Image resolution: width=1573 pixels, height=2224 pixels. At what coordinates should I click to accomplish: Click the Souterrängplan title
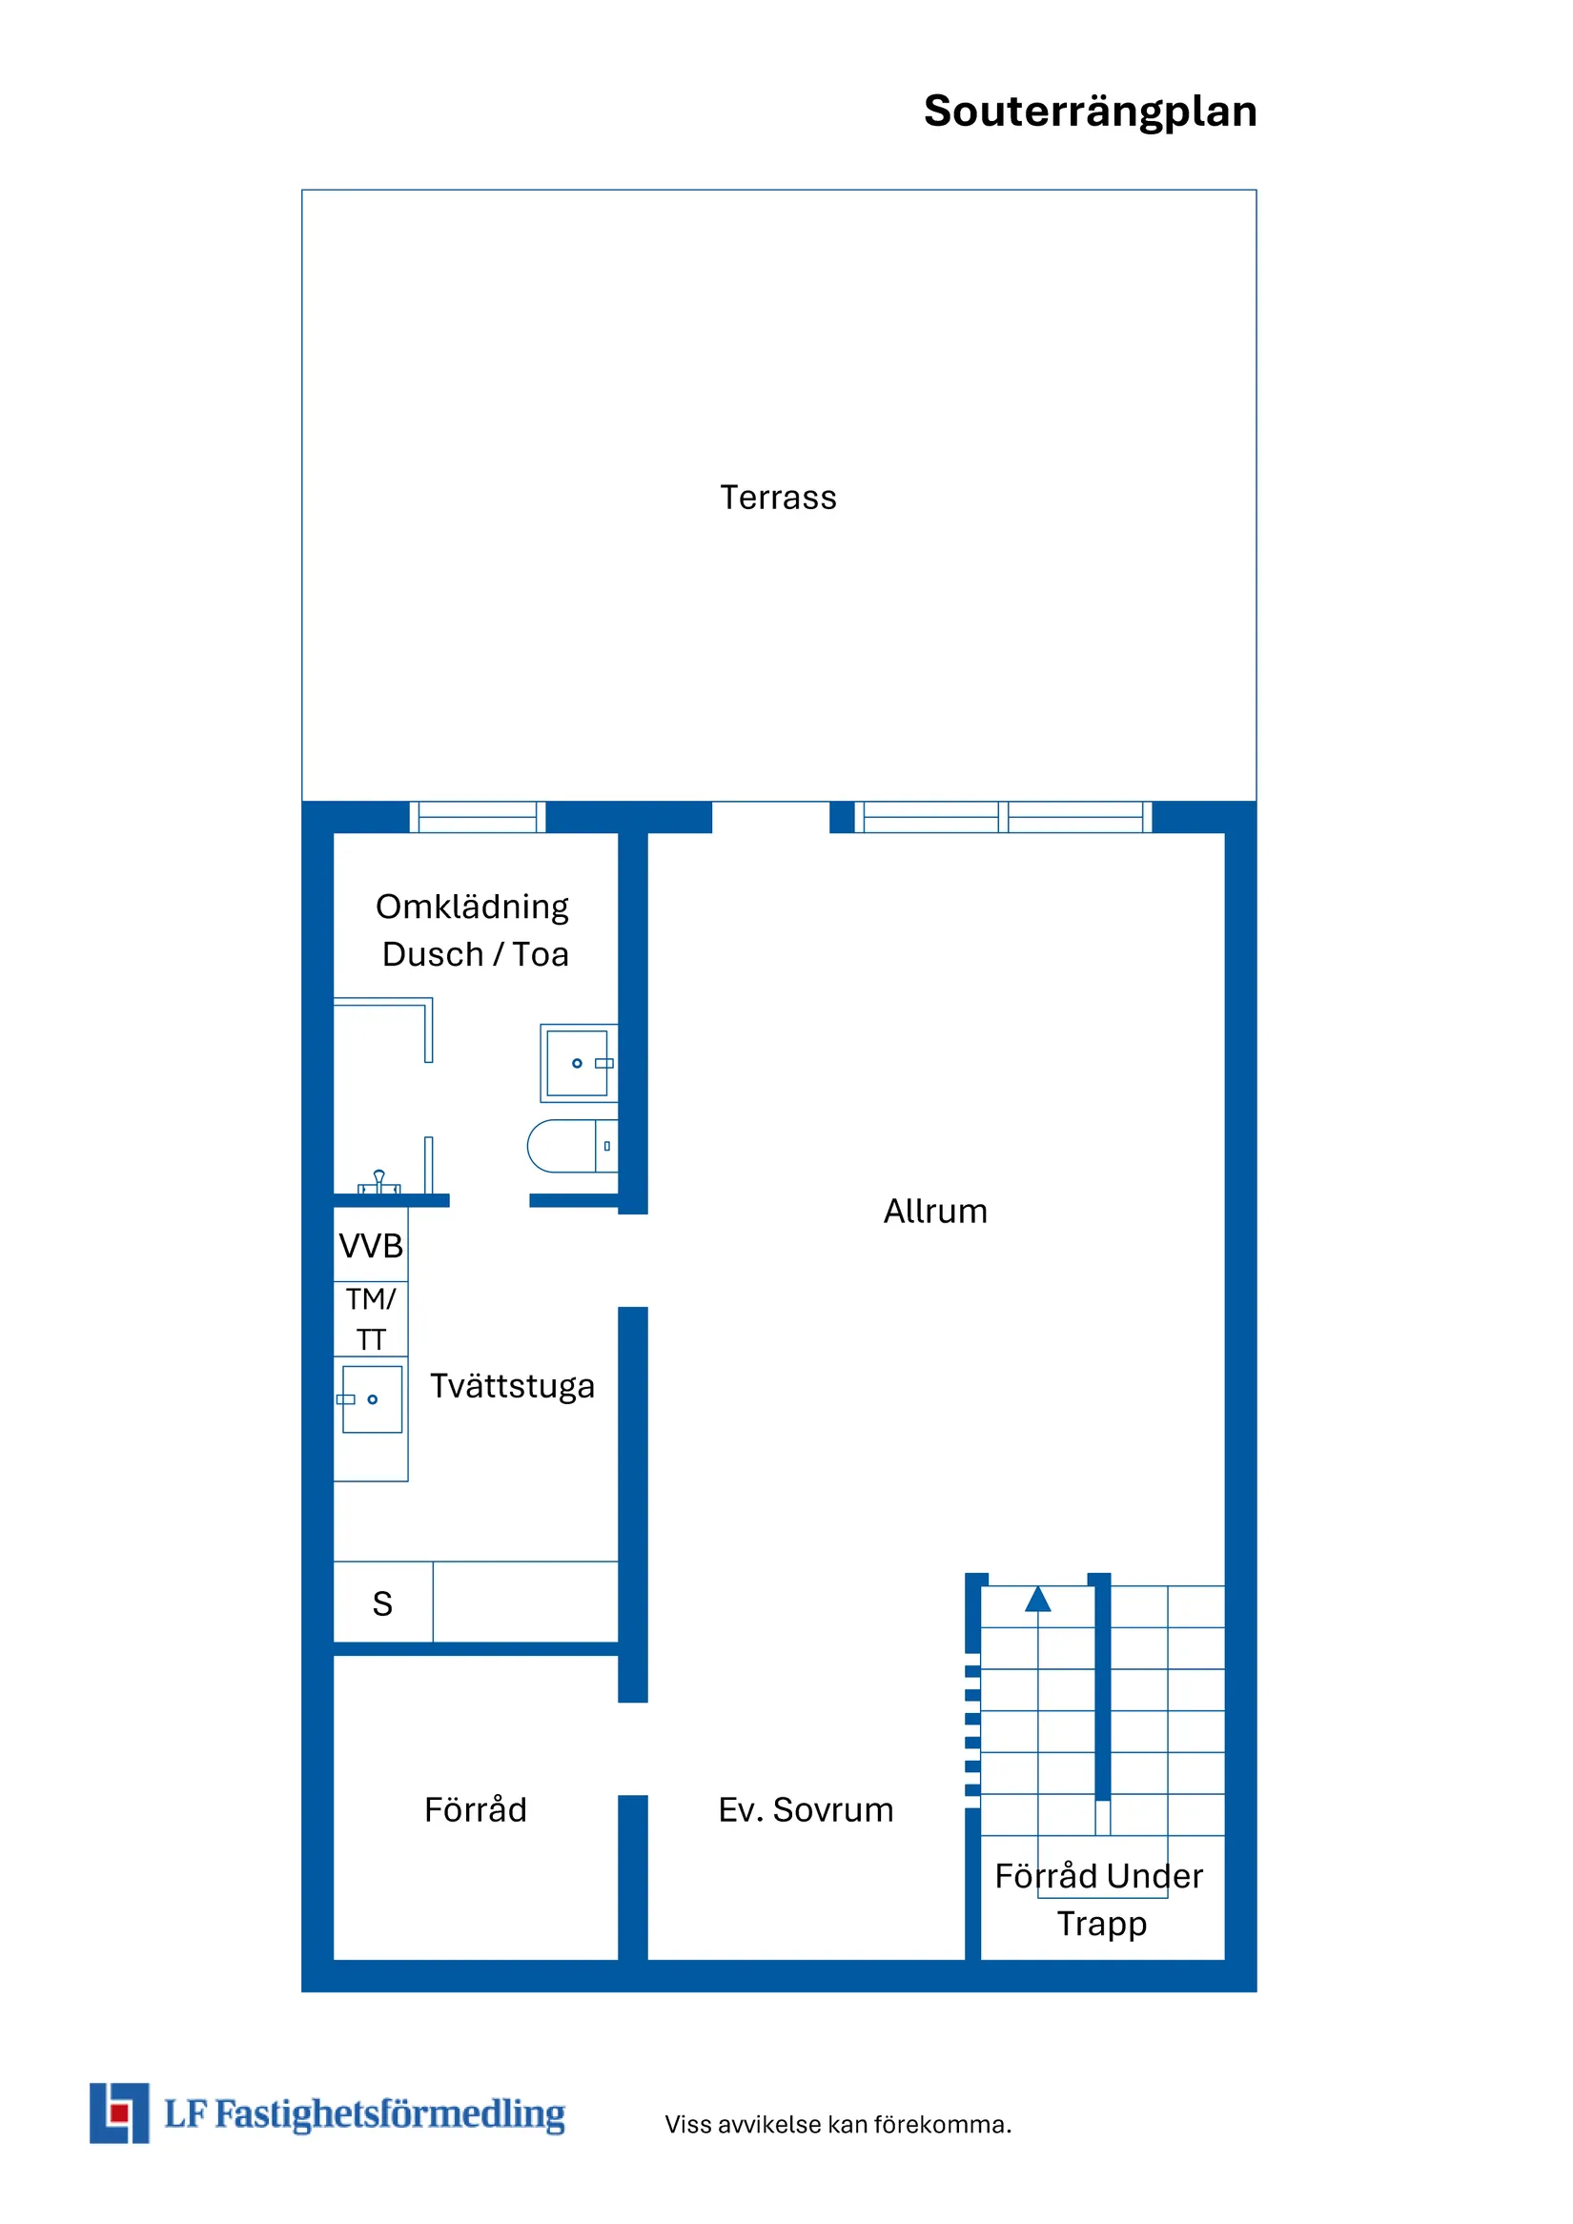click(1090, 112)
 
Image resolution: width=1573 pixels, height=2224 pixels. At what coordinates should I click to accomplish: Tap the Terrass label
click(778, 497)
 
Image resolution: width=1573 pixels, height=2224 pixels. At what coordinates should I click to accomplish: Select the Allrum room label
click(934, 1211)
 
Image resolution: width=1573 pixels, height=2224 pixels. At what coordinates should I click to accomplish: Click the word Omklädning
click(472, 907)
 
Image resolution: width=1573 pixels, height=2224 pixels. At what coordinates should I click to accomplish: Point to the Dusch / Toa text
click(475, 954)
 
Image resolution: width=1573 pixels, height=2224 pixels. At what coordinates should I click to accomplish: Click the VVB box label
click(370, 1246)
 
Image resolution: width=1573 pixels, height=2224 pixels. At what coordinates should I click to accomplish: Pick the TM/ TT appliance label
click(370, 1318)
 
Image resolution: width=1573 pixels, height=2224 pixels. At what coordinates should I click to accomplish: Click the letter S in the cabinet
click(382, 1603)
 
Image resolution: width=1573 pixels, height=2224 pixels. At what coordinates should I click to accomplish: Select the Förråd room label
click(475, 1809)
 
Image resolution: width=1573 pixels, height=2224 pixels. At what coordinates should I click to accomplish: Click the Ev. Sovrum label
click(805, 1809)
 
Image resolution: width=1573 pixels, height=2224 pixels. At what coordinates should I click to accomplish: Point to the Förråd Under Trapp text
click(1099, 1900)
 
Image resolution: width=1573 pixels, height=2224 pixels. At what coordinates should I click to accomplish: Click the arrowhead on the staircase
click(1037, 1600)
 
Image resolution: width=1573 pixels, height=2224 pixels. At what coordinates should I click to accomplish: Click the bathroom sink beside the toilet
click(579, 1063)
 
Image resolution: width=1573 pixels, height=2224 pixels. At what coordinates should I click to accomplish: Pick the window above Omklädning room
click(477, 817)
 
